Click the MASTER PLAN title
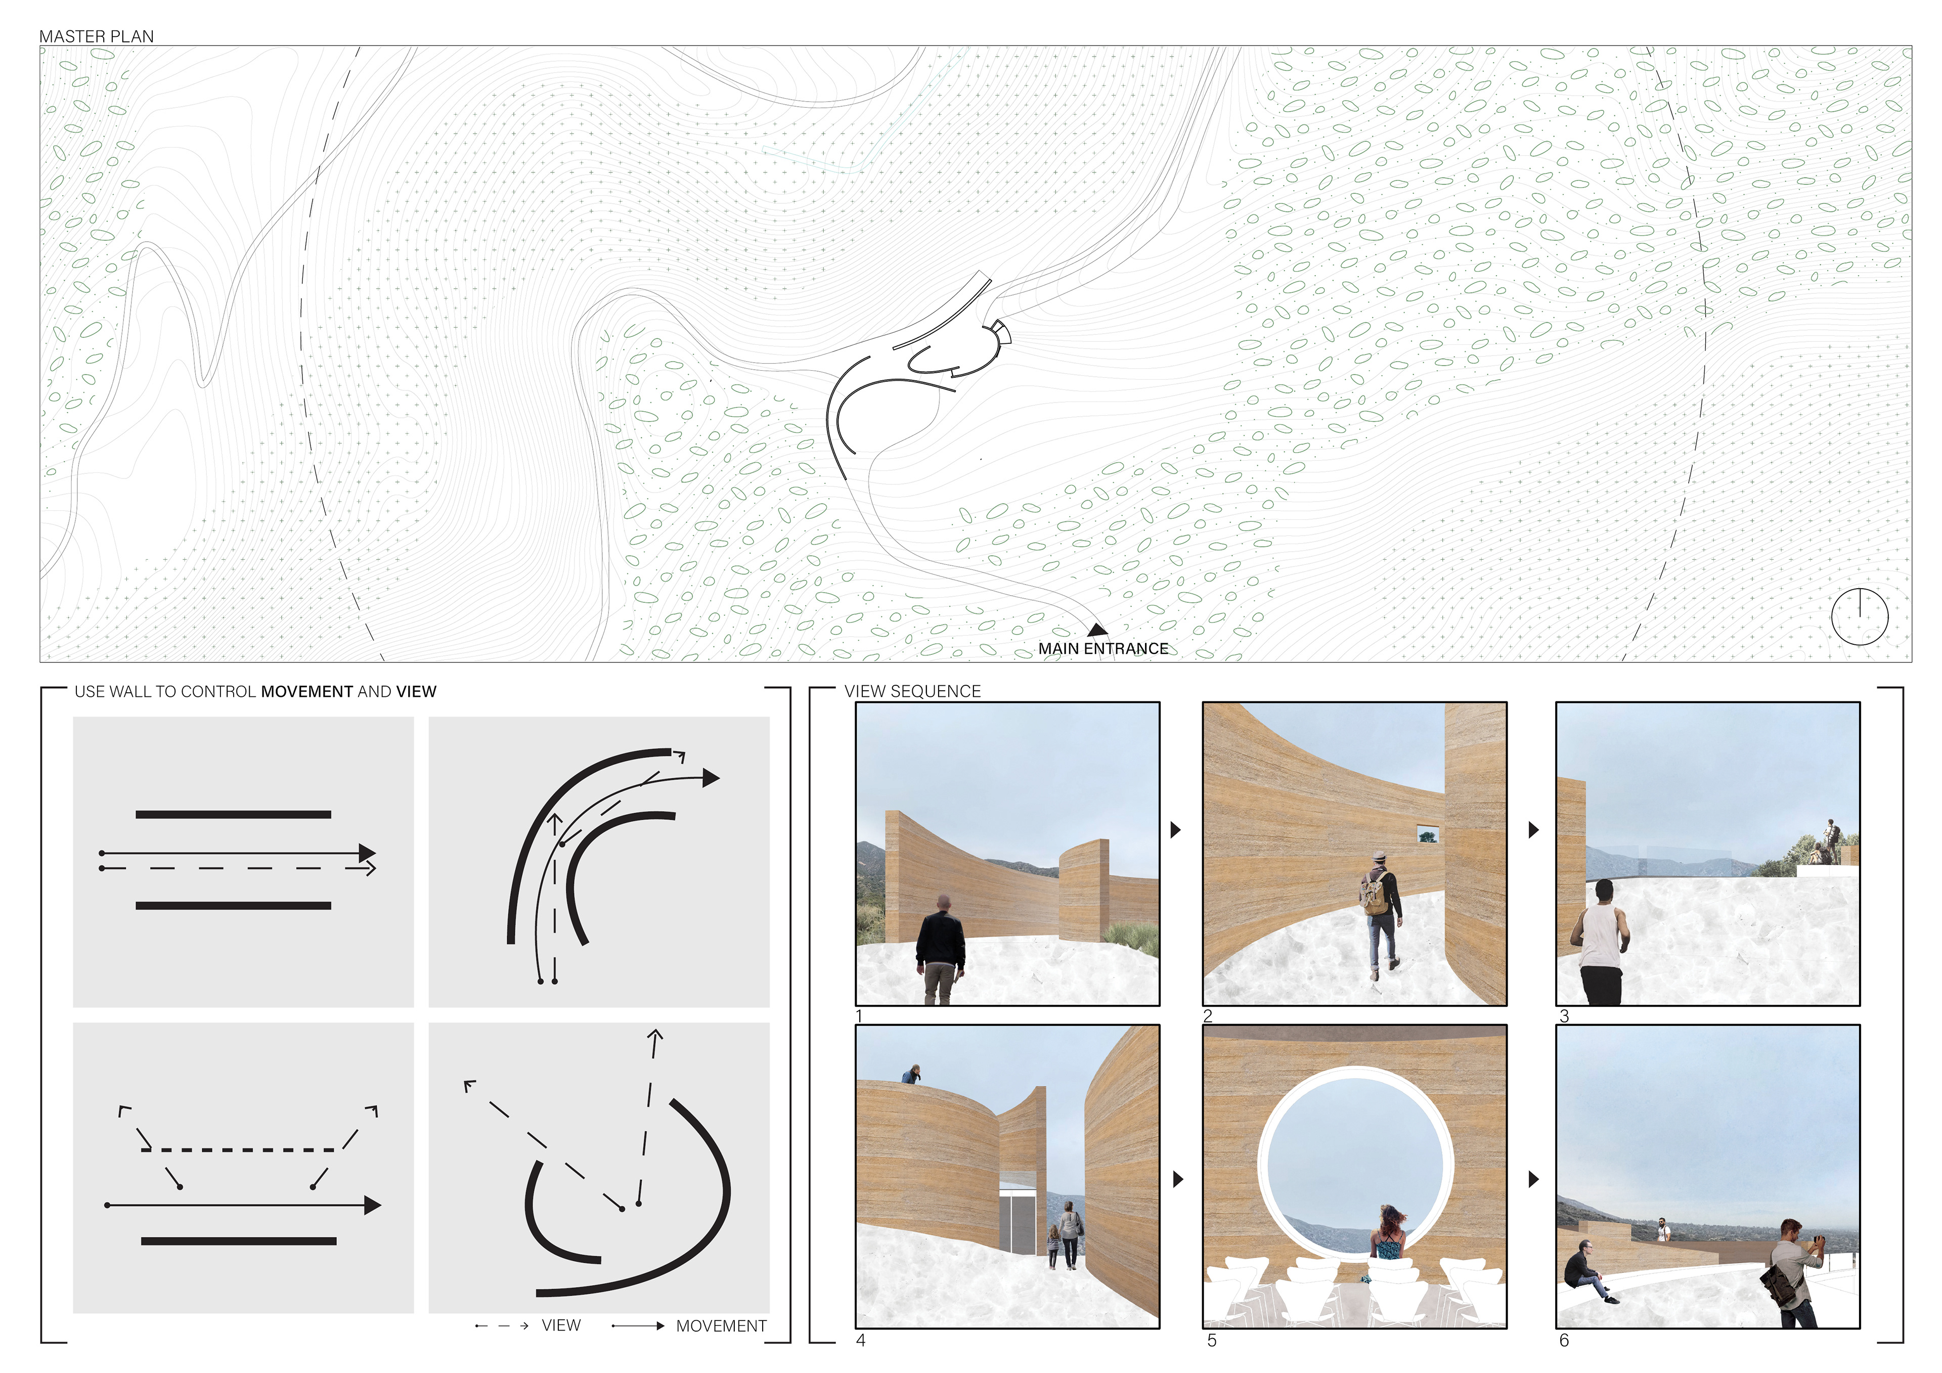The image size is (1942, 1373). pyautogui.click(x=97, y=36)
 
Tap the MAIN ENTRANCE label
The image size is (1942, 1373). pyautogui.click(x=1103, y=649)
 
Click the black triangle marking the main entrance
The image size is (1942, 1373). pyautogui.click(x=1097, y=630)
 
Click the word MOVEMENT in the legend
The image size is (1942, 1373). pyautogui.click(x=721, y=1326)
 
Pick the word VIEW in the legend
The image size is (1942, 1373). pyautogui.click(x=561, y=1325)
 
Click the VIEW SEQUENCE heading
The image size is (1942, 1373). pyautogui.click(x=913, y=691)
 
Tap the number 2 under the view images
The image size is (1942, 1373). pyautogui.click(x=1208, y=1016)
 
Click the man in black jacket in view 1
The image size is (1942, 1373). pyautogui.click(x=940, y=949)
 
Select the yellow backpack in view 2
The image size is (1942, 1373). pyautogui.click(x=1376, y=895)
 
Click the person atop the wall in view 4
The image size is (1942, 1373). pyautogui.click(x=911, y=1074)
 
